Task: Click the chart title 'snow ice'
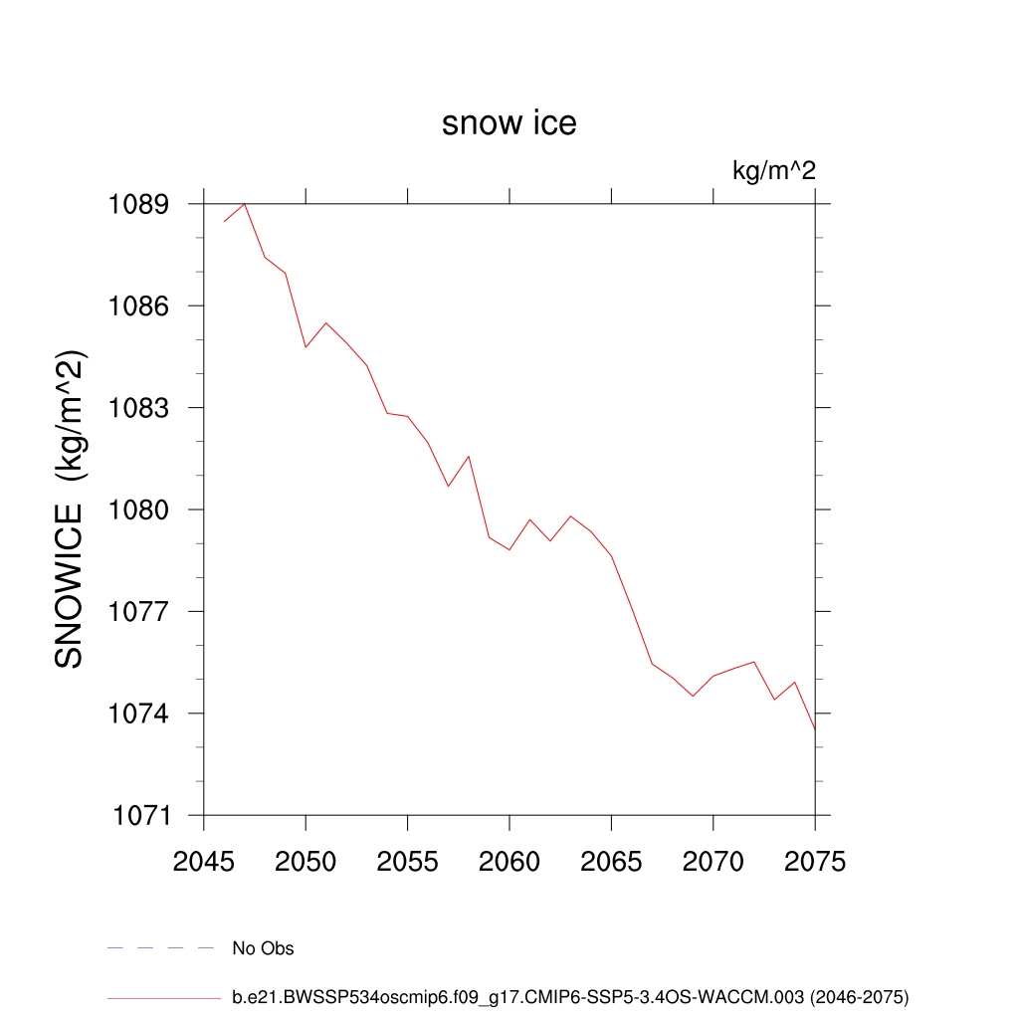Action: pyautogui.click(x=509, y=123)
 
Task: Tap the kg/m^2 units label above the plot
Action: pyautogui.click(x=774, y=171)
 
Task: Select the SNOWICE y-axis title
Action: pyautogui.click(x=70, y=509)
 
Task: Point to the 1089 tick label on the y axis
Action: pyautogui.click(x=139, y=205)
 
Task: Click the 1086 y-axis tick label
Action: pyautogui.click(x=139, y=306)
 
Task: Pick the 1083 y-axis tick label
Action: pyautogui.click(x=139, y=409)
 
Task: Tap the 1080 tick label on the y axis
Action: pyautogui.click(x=139, y=510)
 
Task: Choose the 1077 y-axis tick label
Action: pyautogui.click(x=139, y=612)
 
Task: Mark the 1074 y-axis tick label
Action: pyautogui.click(x=139, y=714)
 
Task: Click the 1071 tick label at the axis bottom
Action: pyautogui.click(x=139, y=816)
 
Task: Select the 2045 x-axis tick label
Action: pyautogui.click(x=204, y=862)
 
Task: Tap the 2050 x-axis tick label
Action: pyautogui.click(x=306, y=862)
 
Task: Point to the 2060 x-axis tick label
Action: pyautogui.click(x=509, y=862)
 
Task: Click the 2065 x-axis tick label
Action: pyautogui.click(x=611, y=862)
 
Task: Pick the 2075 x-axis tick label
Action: pyautogui.click(x=815, y=862)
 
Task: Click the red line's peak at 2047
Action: pyautogui.click(x=245, y=204)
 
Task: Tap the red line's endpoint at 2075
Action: pyautogui.click(x=815, y=729)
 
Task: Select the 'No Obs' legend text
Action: pyautogui.click(x=263, y=948)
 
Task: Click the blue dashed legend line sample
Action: pyautogui.click(x=161, y=948)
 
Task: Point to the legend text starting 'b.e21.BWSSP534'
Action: pyautogui.click(x=570, y=996)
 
